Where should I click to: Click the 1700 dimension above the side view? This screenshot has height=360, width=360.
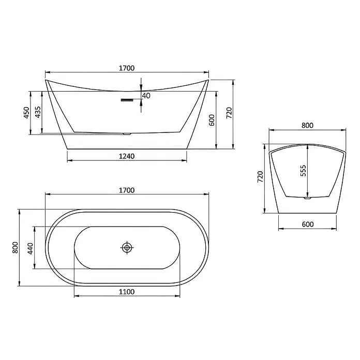pyautogui.click(x=127, y=68)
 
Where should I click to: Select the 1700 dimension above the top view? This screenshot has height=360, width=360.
pyautogui.click(x=127, y=190)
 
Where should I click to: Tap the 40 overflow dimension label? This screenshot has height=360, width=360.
pyautogui.click(x=146, y=96)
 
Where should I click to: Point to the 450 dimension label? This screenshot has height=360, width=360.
pyautogui.click(x=26, y=113)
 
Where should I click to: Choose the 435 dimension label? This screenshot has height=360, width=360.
pyautogui.click(x=38, y=112)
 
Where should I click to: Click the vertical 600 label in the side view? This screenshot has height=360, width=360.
pyautogui.click(x=212, y=120)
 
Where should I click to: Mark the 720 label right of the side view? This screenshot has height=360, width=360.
pyautogui.click(x=229, y=113)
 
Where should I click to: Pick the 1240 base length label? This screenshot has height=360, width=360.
pyautogui.click(x=127, y=156)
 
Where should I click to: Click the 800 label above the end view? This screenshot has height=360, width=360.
pyautogui.click(x=307, y=125)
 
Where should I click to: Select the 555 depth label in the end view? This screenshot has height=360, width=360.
pyautogui.click(x=303, y=171)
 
